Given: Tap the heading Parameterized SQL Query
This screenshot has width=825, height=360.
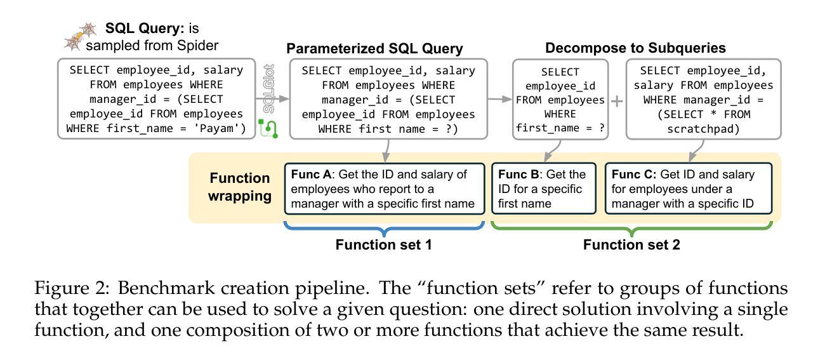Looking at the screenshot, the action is click(x=374, y=49).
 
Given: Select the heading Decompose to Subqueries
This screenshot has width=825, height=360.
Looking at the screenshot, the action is click(x=635, y=48).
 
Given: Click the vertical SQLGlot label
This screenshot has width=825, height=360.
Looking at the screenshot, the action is click(x=269, y=89).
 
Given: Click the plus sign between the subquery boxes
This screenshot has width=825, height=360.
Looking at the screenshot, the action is click(x=617, y=101).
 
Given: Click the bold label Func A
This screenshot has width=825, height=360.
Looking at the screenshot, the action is click(x=311, y=175).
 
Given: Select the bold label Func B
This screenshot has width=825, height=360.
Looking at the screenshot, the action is click(x=518, y=175).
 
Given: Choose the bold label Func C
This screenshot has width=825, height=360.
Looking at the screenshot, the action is click(x=634, y=175).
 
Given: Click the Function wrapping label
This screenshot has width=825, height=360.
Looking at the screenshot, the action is click(x=240, y=187).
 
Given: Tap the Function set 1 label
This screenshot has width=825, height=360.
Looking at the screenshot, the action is click(x=383, y=244).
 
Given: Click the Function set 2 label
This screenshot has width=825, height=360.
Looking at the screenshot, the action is click(x=631, y=244).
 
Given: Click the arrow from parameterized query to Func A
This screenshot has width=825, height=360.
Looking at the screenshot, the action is click(x=386, y=151).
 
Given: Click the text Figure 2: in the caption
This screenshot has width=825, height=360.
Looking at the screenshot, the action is click(x=72, y=288).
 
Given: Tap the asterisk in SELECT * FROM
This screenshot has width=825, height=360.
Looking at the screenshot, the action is click(x=713, y=114).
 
